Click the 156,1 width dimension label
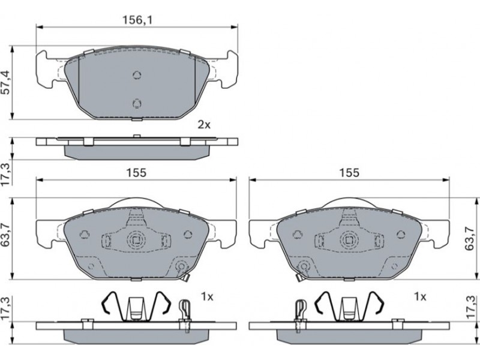tap(137, 20)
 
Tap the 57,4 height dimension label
tap(7, 82)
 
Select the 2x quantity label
tap(204, 125)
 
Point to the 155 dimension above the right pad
tap(349, 173)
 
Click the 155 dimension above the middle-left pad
tap(137, 173)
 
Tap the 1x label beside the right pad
tap(419, 296)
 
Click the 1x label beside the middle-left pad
tap(207, 296)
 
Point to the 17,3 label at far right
tap(470, 308)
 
